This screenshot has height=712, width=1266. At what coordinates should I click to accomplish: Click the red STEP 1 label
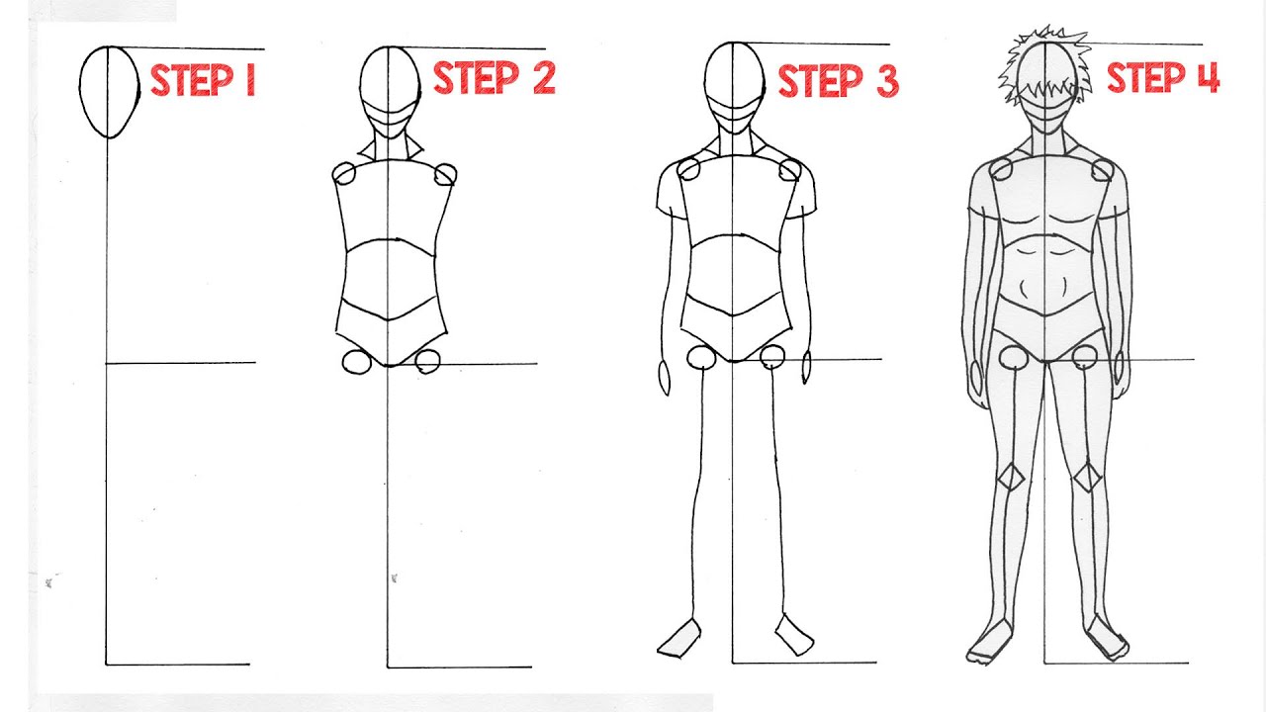click(203, 80)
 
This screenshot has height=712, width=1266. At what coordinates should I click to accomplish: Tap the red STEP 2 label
click(494, 78)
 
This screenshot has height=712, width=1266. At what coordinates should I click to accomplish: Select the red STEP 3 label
click(838, 81)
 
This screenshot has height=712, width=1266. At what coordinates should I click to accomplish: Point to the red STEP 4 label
click(1162, 77)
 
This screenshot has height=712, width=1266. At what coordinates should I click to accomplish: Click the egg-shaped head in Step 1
click(109, 91)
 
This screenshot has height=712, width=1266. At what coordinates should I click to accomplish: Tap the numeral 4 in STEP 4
click(1207, 77)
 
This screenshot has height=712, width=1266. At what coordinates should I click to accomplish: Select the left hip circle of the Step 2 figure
click(356, 362)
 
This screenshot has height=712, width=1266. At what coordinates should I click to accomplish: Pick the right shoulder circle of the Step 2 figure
click(445, 175)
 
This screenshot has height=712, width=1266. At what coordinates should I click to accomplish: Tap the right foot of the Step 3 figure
click(793, 635)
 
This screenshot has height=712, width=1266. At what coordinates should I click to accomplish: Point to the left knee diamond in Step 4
click(1010, 478)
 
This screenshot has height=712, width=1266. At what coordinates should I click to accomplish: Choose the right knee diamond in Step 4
click(1088, 479)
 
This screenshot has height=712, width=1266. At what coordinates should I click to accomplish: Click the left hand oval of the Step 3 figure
click(664, 378)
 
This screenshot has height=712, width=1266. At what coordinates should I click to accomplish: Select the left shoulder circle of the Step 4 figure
click(1001, 170)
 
